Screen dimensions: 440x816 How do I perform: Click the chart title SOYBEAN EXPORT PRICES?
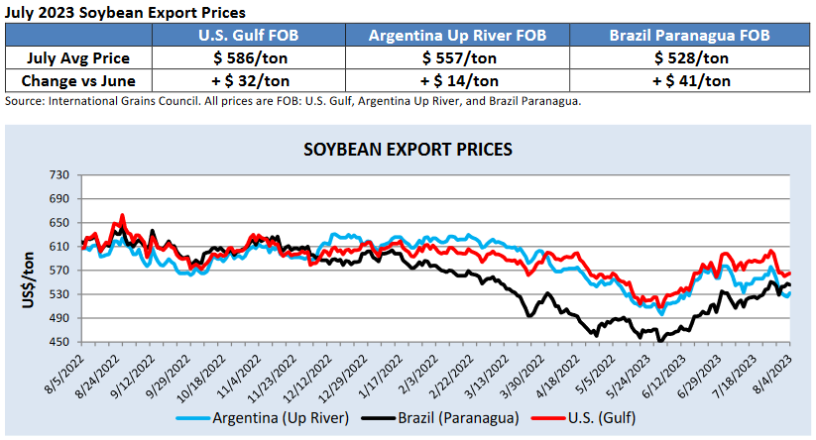(408, 150)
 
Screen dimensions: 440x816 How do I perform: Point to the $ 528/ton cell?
(691, 57)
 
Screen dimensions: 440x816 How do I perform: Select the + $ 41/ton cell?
(691, 80)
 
